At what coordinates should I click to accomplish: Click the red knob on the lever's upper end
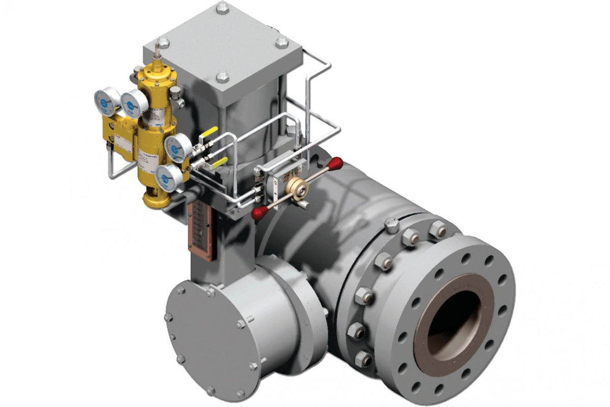(x=335, y=164)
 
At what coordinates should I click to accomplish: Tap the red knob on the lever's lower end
(x=259, y=213)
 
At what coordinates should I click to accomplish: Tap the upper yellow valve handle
(x=209, y=133)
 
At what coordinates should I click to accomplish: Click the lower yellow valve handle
(x=219, y=162)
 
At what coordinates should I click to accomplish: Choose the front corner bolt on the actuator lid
(x=222, y=78)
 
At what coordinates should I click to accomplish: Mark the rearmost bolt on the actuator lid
(x=222, y=8)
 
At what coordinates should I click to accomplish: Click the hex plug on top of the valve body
(x=391, y=224)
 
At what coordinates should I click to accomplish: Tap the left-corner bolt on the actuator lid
(x=163, y=43)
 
